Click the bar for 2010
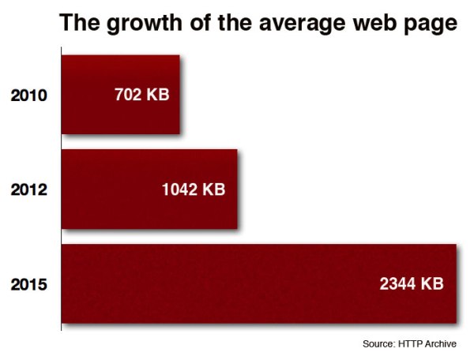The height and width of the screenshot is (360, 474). [120, 95]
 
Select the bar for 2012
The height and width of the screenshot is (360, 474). [149, 189]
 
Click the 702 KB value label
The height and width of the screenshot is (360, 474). [141, 96]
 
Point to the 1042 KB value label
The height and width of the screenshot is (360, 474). [192, 190]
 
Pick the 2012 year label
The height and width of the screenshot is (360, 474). [30, 190]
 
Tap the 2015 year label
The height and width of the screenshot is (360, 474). [30, 285]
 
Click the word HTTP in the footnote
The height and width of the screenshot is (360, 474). [413, 344]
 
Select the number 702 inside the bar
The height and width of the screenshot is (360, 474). [129, 96]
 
